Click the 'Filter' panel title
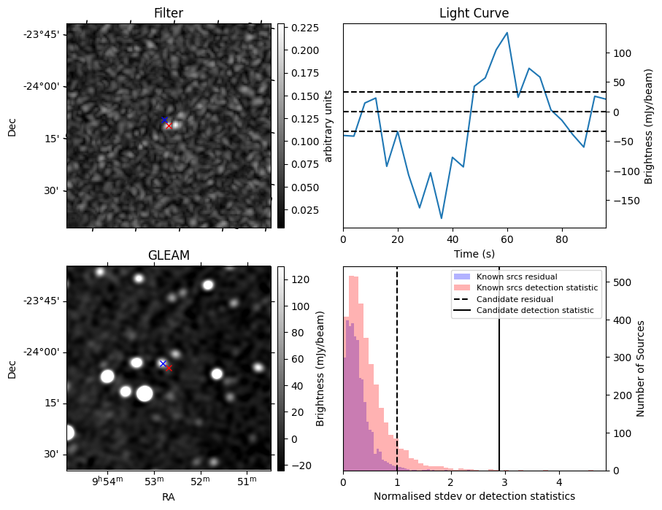tap(168, 13)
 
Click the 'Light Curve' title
tap(474, 13)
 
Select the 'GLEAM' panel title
tap(168, 255)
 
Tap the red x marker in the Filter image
tap(169, 125)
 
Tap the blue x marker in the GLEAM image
tap(163, 363)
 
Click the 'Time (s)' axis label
tap(474, 254)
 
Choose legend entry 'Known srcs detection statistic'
tap(536, 288)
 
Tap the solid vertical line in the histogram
tap(499, 379)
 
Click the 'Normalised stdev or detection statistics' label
tap(474, 496)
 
